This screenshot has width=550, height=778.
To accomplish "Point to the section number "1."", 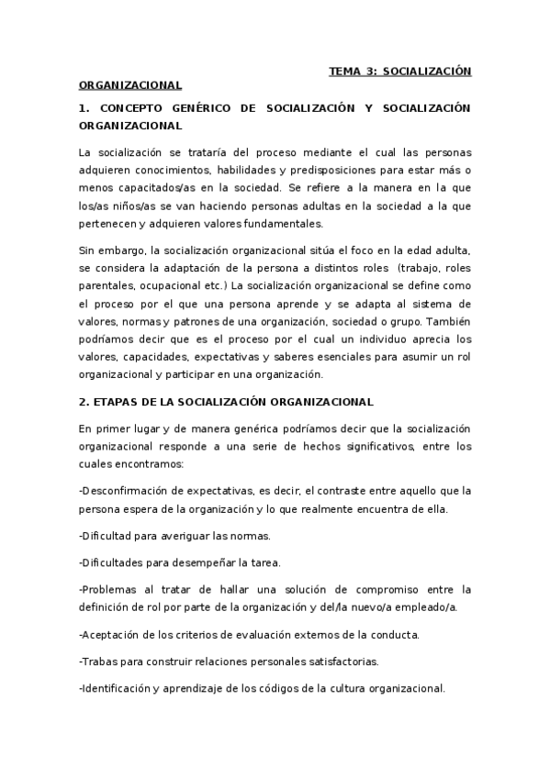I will (x=85, y=108).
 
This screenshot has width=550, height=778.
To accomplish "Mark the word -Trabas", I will (x=98, y=661).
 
